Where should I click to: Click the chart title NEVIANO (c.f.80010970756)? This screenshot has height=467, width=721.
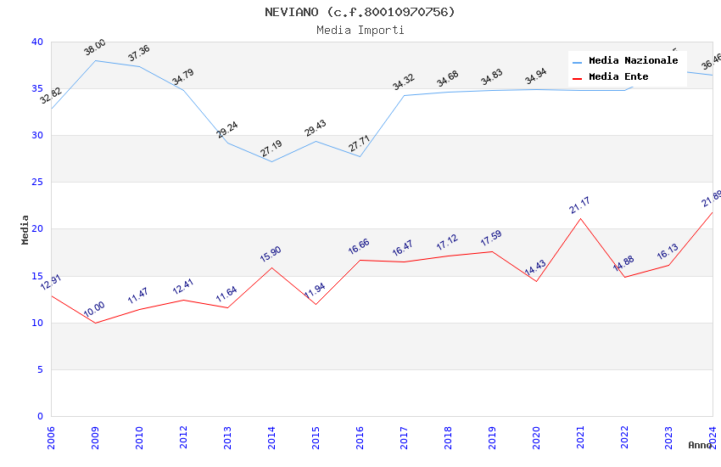[x=360, y=12]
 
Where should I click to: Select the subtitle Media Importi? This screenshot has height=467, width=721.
[x=360, y=30]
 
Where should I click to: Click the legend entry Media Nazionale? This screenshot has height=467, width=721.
[x=633, y=61]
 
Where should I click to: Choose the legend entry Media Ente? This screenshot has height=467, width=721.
[x=618, y=77]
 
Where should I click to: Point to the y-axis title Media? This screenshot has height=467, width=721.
[x=25, y=229]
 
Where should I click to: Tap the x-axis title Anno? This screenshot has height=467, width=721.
[x=700, y=445]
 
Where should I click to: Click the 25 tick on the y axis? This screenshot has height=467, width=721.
[x=37, y=183]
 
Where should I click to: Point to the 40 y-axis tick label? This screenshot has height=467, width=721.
[x=37, y=42]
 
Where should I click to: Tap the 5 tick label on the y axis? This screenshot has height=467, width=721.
[x=40, y=369]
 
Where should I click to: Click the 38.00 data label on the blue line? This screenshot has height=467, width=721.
[x=95, y=48]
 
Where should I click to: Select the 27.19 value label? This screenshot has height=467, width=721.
[x=271, y=149]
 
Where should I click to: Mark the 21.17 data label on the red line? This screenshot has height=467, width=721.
[x=580, y=205]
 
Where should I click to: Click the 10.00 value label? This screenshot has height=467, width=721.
[x=95, y=310]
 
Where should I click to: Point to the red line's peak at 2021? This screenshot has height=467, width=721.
[x=580, y=218]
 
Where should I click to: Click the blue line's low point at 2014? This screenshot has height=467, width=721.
[x=271, y=161]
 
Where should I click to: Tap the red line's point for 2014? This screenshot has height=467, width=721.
[x=271, y=267]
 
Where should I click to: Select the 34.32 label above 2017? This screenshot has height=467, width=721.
[x=404, y=82]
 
